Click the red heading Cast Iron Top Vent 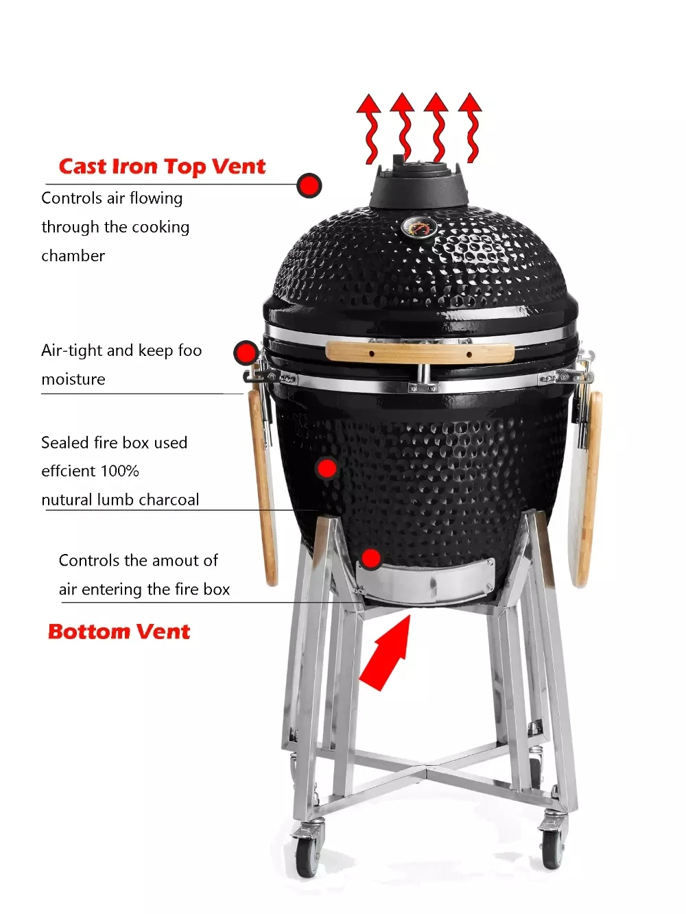(162, 167)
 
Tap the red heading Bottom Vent (119, 632)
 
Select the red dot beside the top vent (309, 185)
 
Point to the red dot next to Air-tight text (245, 353)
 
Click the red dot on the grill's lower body (327, 468)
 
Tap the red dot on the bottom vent (371, 559)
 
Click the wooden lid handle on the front (419, 352)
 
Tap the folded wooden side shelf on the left (263, 487)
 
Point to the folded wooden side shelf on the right (588, 487)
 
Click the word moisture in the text (73, 379)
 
